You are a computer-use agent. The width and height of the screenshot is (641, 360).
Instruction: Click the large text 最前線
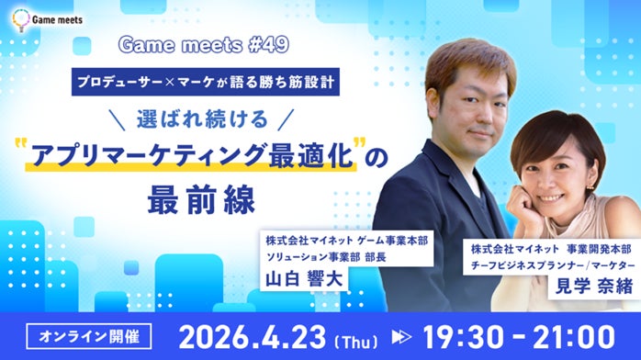pyautogui.click(x=195, y=197)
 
